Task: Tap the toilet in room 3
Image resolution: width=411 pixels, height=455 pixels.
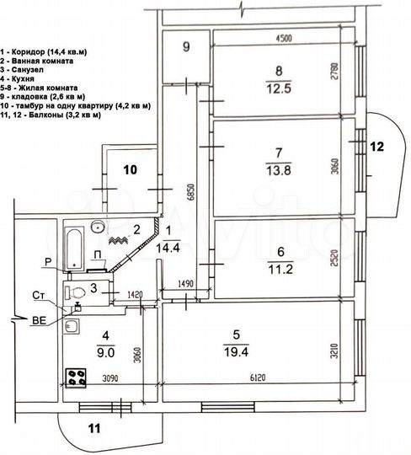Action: pyautogui.click(x=77, y=292)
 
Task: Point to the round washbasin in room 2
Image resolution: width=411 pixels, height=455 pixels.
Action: pyautogui.click(x=99, y=226)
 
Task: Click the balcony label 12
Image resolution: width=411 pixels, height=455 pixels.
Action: pyautogui.click(x=376, y=147)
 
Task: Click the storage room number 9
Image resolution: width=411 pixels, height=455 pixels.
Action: pyautogui.click(x=186, y=45)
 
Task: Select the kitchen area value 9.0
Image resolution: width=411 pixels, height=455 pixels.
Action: pyautogui.click(x=104, y=342)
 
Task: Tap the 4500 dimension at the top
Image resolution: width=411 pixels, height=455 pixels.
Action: pyautogui.click(x=281, y=37)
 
